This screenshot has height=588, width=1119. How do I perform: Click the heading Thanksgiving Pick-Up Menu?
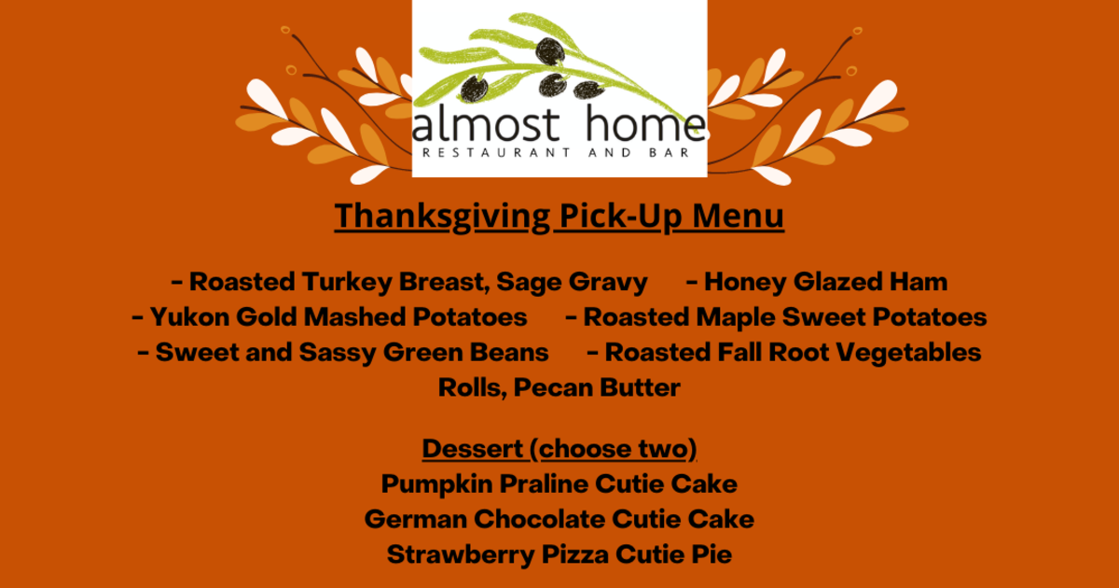point(559,216)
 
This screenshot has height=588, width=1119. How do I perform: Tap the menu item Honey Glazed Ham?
point(825,282)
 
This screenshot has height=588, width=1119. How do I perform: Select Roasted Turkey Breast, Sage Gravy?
point(419,282)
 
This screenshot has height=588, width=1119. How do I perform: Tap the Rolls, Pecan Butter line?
point(559,387)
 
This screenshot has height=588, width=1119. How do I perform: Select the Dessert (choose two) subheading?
point(559,449)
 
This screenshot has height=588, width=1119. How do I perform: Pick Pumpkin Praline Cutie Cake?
point(559,484)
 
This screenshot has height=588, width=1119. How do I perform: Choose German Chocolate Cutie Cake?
point(559,519)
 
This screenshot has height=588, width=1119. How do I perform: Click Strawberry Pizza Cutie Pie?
point(559,554)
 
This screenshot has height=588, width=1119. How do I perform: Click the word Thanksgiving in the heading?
point(442,216)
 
